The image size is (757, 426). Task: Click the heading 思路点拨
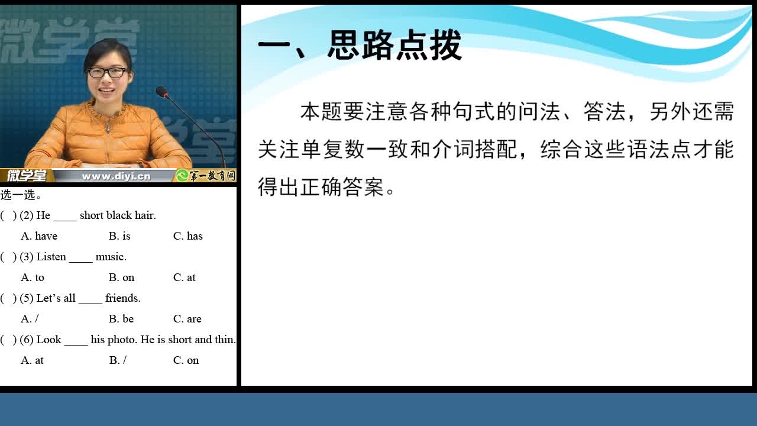click(x=394, y=45)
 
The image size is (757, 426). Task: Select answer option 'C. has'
click(x=188, y=236)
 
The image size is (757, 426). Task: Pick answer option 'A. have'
click(x=39, y=236)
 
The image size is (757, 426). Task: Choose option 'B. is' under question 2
click(x=119, y=236)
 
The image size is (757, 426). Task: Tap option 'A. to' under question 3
click(x=33, y=277)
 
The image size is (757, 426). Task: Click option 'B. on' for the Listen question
click(x=122, y=277)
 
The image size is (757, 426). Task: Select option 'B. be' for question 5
click(x=121, y=319)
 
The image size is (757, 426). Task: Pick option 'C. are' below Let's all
click(x=187, y=319)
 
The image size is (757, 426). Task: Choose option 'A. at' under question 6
click(x=32, y=360)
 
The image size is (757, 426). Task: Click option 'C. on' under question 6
click(x=186, y=360)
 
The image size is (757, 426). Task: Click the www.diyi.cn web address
click(x=116, y=176)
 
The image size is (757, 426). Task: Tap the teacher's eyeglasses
click(x=107, y=72)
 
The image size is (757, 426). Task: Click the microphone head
click(x=162, y=91)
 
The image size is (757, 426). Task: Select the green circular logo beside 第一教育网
click(x=182, y=176)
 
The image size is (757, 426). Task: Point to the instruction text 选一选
click(x=20, y=195)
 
